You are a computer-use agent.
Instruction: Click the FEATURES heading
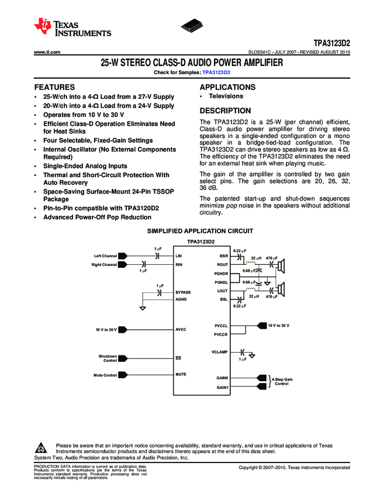54,87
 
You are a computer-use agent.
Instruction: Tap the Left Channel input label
105,256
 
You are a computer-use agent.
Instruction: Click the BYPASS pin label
183,291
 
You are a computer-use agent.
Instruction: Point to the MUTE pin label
181,374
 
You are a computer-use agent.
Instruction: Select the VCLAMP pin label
219,352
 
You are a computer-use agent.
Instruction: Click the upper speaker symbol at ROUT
281,267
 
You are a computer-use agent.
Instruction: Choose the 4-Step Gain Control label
281,381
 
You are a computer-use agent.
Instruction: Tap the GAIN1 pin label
222,388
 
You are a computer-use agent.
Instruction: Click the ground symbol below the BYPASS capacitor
143,308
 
